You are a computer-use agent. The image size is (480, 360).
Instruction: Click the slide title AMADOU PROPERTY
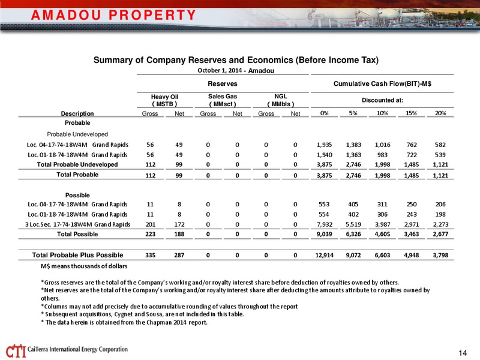click(x=113, y=15)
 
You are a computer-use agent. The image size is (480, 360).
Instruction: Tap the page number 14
click(x=463, y=353)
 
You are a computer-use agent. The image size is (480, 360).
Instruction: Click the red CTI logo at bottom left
click(x=16, y=351)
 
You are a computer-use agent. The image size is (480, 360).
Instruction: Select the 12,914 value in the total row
click(x=324, y=255)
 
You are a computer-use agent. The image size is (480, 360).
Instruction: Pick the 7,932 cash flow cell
click(x=324, y=224)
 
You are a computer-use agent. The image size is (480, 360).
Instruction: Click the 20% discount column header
click(x=440, y=113)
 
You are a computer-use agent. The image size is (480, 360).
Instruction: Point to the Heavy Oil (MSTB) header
click(x=164, y=100)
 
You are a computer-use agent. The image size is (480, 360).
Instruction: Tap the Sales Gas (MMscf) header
click(x=223, y=100)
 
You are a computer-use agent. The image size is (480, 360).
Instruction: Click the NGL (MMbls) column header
click(x=281, y=100)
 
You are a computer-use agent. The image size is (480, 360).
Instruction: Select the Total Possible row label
click(x=77, y=234)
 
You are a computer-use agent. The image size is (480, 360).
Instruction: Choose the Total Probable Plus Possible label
click(x=77, y=255)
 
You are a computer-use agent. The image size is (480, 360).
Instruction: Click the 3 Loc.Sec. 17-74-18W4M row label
click(x=77, y=224)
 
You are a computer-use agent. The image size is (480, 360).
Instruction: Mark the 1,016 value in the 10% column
click(x=382, y=145)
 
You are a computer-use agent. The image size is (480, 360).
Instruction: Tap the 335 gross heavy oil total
click(x=151, y=255)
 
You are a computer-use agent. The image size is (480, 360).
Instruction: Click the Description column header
click(x=77, y=113)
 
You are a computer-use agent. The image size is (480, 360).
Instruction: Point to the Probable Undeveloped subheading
click(x=77, y=134)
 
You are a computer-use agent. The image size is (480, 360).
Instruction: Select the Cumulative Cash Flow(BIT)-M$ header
click(x=382, y=83)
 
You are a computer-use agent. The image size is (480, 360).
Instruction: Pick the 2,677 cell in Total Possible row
click(x=440, y=234)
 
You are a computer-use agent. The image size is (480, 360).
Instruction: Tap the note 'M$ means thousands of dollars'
click(x=84, y=266)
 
